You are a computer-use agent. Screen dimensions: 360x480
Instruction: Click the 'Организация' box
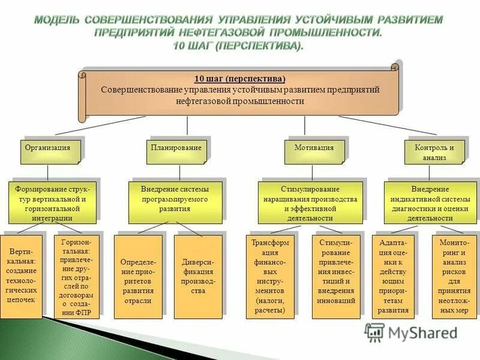click(50, 151)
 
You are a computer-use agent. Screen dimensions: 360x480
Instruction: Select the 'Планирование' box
click(176, 151)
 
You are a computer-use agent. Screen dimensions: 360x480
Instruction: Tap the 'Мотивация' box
click(314, 151)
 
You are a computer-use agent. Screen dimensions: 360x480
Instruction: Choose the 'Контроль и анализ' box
click(434, 151)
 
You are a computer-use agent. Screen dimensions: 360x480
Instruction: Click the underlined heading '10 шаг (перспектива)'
click(240, 79)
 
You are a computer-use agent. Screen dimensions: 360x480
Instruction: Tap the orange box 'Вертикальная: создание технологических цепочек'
click(21, 276)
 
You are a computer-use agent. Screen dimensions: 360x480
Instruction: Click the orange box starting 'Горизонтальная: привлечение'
click(76, 276)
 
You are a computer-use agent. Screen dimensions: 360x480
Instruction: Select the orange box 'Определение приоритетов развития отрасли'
click(138, 276)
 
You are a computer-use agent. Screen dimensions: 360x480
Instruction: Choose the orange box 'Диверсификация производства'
click(197, 276)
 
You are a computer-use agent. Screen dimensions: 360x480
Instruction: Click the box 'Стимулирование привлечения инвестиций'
click(336, 276)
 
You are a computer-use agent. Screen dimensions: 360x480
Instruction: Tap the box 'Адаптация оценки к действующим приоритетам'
click(393, 276)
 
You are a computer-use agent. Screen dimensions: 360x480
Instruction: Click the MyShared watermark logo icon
click(375, 332)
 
